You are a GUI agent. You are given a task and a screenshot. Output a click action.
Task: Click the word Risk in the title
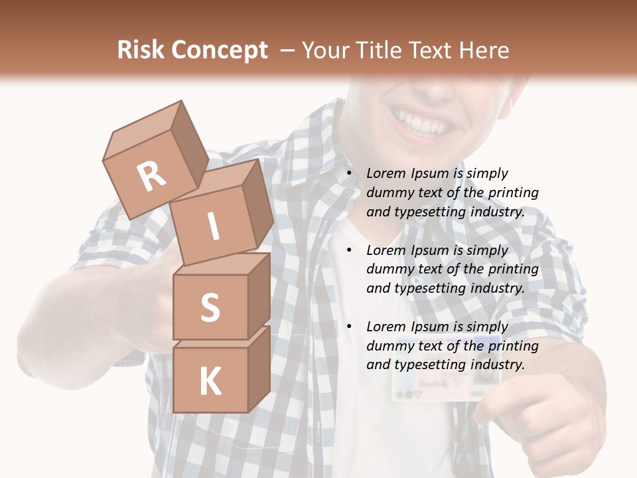click(140, 50)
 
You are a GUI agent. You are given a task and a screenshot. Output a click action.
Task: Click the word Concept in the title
click(219, 50)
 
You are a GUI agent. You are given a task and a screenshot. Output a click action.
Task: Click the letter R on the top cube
click(151, 176)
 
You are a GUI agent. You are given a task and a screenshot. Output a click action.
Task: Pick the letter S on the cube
click(210, 307)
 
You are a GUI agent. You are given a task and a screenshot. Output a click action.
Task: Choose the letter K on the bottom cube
click(210, 382)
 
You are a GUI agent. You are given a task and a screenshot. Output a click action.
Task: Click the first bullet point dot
click(348, 174)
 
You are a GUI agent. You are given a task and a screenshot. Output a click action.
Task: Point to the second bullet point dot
click(348, 251)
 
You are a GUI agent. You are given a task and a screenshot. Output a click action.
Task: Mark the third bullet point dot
click(348, 327)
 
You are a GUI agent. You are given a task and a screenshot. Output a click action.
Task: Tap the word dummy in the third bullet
click(389, 346)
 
